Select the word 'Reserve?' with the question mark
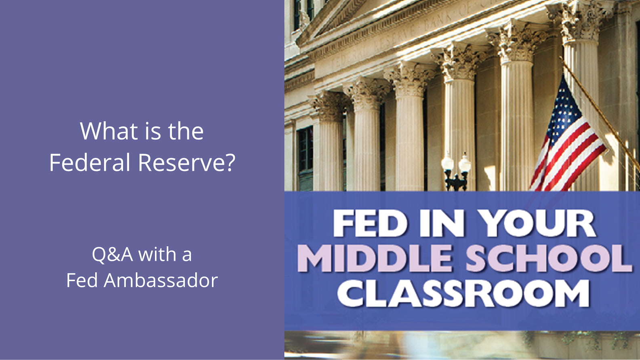(187, 162)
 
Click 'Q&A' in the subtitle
(112, 255)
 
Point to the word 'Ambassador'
(160, 280)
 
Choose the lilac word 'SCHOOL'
(548, 258)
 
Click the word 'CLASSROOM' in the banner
(463, 293)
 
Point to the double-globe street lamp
(456, 171)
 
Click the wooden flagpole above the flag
(600, 112)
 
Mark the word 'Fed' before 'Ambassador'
(82, 280)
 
